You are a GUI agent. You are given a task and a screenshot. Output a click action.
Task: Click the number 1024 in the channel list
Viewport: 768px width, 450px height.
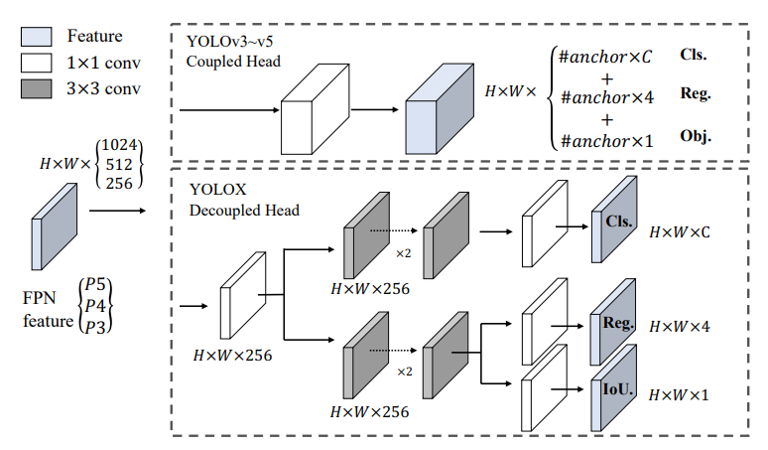coord(123,145)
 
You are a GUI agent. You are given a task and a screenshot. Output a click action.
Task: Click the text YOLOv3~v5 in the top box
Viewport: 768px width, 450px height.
coord(222,41)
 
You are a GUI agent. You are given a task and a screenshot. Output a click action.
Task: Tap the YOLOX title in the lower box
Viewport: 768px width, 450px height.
coord(214,189)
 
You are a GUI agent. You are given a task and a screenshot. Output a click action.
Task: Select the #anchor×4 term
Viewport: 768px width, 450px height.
coord(606,97)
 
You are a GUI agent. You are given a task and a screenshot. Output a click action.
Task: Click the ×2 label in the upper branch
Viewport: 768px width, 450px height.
coord(404,253)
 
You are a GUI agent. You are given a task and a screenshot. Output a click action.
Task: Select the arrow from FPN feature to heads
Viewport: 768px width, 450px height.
coord(116,211)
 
